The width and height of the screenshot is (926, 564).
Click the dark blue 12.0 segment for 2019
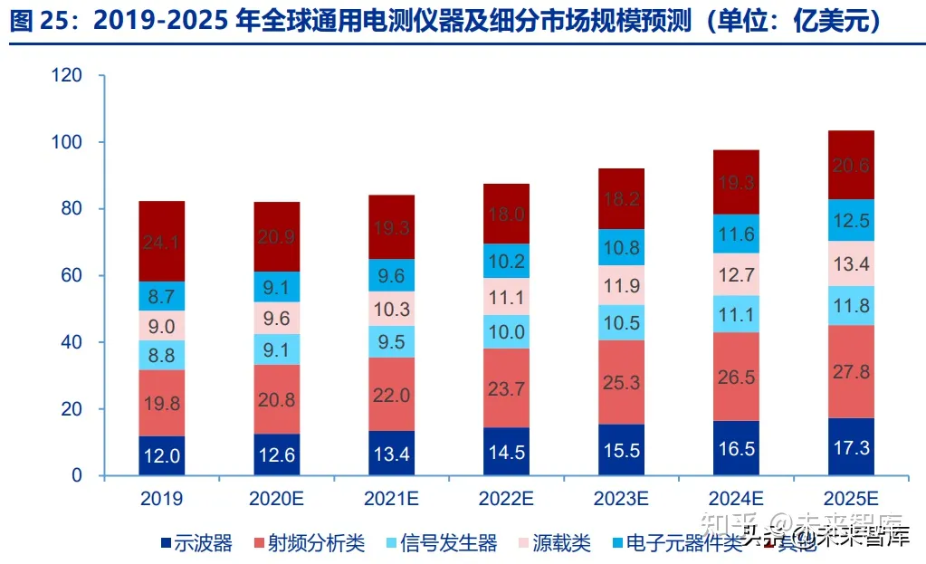(x=162, y=456)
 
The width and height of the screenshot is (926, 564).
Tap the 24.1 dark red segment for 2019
(x=162, y=242)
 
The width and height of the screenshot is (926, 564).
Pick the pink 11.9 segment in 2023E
(x=621, y=286)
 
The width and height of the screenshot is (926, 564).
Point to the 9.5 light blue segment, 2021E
(x=391, y=342)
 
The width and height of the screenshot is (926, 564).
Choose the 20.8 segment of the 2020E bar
(x=276, y=399)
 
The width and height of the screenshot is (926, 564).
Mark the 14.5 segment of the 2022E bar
(x=506, y=452)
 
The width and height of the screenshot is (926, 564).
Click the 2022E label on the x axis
(x=506, y=499)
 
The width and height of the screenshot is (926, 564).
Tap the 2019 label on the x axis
(x=162, y=499)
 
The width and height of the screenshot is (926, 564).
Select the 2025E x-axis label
(x=851, y=499)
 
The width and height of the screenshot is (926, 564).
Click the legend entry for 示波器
(x=196, y=543)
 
